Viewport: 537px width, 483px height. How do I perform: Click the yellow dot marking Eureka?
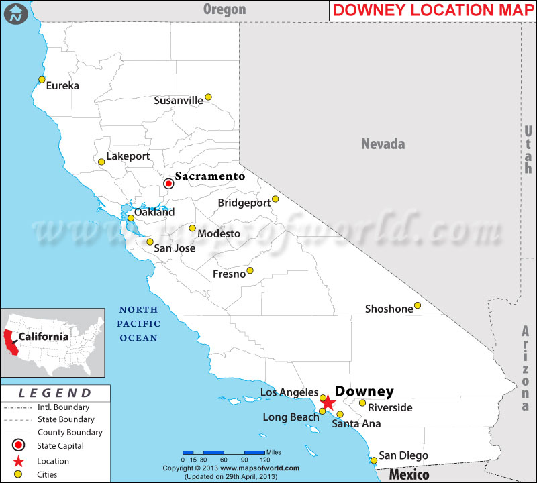click(42, 80)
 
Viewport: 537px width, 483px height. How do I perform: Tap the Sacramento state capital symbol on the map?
click(169, 182)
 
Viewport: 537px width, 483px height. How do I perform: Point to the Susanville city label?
click(179, 101)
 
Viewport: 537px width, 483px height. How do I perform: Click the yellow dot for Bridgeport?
click(275, 199)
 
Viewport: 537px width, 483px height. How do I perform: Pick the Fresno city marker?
click(250, 270)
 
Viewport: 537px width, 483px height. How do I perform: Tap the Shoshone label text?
click(389, 309)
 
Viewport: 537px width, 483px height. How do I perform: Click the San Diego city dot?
click(374, 460)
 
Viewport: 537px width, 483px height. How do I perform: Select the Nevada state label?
click(383, 144)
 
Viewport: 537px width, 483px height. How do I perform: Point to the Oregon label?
click(225, 9)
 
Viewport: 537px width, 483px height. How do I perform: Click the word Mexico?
click(410, 475)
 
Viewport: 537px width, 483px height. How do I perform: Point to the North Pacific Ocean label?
click(139, 324)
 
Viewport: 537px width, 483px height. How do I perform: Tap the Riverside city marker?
click(362, 403)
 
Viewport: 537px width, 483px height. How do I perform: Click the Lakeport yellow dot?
click(101, 162)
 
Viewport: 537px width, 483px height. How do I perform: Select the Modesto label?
click(219, 234)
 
